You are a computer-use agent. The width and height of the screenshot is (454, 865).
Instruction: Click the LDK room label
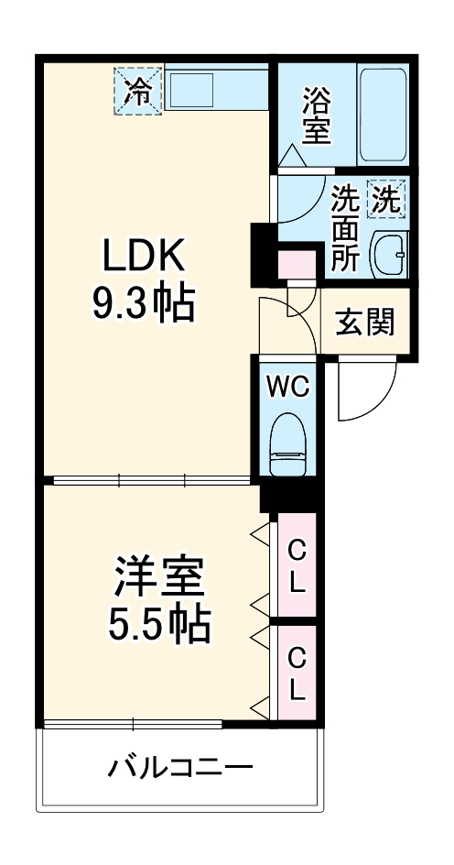click(144, 258)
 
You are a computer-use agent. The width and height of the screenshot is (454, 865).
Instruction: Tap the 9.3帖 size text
click(144, 304)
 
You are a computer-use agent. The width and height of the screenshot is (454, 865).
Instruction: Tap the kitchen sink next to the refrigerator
click(191, 91)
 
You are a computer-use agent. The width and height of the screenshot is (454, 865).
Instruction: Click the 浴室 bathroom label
click(315, 115)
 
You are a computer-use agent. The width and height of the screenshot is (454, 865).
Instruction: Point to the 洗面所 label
click(344, 226)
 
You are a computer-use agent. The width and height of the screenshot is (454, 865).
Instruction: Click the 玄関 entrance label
click(364, 322)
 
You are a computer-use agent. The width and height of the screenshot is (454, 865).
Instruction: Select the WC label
click(286, 385)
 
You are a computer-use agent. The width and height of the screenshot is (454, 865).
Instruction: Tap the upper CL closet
click(297, 565)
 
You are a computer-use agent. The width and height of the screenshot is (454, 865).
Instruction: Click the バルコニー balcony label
click(179, 766)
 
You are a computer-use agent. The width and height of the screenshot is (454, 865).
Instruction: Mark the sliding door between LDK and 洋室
click(151, 479)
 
